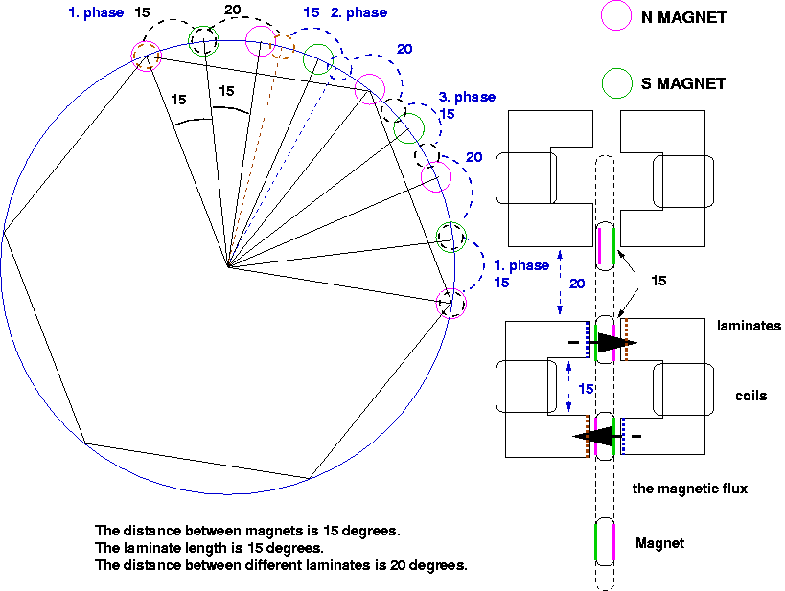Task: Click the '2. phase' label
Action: [x=358, y=13]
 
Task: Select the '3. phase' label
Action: [x=467, y=97]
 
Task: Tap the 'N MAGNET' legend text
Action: [x=683, y=17]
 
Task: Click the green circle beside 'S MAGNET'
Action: [x=617, y=83]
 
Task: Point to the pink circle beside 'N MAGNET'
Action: [x=615, y=15]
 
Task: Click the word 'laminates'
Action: [x=749, y=326]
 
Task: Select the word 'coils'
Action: [x=750, y=396]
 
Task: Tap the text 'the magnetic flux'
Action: [x=690, y=489]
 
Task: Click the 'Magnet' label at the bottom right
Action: [x=659, y=543]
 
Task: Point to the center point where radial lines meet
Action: [x=229, y=265]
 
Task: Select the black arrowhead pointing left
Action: [x=593, y=437]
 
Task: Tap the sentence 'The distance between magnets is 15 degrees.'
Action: [x=248, y=531]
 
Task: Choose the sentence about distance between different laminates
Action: [x=281, y=565]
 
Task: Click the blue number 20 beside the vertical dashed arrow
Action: [x=577, y=284]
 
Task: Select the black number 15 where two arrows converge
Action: [x=658, y=281]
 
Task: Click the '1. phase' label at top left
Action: [x=96, y=13]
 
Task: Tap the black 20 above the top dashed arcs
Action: [x=233, y=10]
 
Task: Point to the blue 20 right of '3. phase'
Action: [x=474, y=157]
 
